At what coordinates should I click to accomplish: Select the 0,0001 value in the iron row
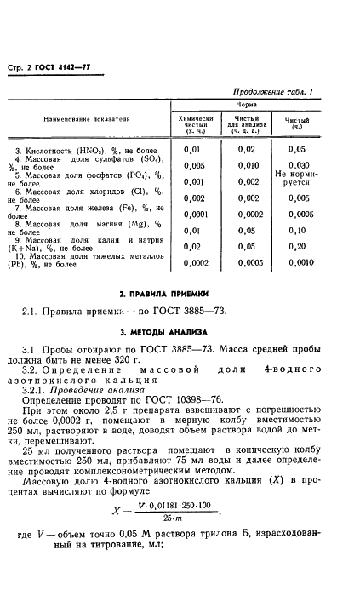tap(197, 214)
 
